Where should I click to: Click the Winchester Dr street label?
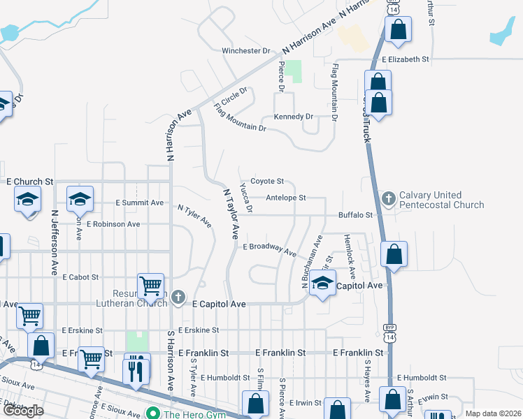point(245,51)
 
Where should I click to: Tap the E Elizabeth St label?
point(406,60)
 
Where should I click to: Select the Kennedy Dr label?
point(293,117)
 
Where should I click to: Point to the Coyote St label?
point(266,182)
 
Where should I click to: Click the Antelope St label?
point(286,198)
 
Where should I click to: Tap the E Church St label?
point(30,181)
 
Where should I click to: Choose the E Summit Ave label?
point(139,203)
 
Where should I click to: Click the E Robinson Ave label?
point(114,224)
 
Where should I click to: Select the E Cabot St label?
point(80,277)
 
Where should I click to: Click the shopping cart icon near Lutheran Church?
point(151,286)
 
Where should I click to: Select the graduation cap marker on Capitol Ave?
point(322,284)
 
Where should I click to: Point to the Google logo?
point(23,411)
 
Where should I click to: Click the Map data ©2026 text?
point(493,413)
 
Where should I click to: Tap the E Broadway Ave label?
point(269,248)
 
